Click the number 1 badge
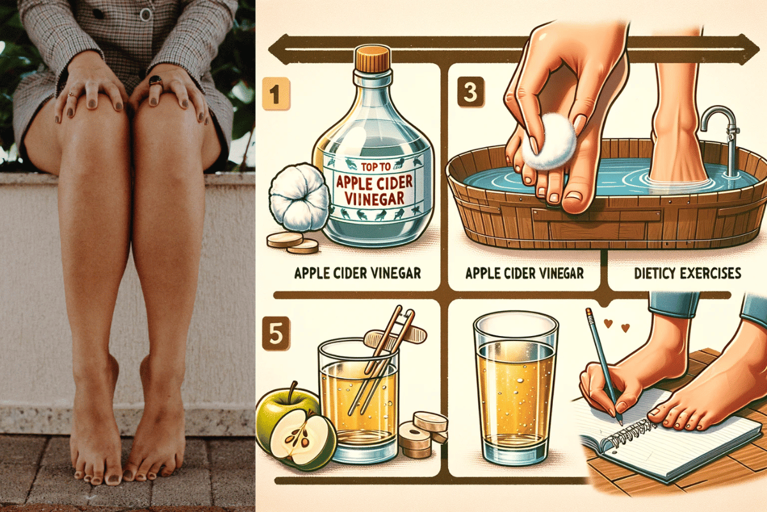click(276, 94)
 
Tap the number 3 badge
click(471, 92)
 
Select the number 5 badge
click(276, 333)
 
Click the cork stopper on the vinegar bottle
click(373, 58)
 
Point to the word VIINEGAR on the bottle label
click(374, 198)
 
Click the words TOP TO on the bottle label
click(376, 167)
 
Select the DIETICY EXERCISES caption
click(688, 273)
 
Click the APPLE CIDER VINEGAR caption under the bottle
click(357, 273)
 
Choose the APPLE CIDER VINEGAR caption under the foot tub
click(525, 273)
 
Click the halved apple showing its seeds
click(302, 440)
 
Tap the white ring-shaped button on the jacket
click(145, 15)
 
